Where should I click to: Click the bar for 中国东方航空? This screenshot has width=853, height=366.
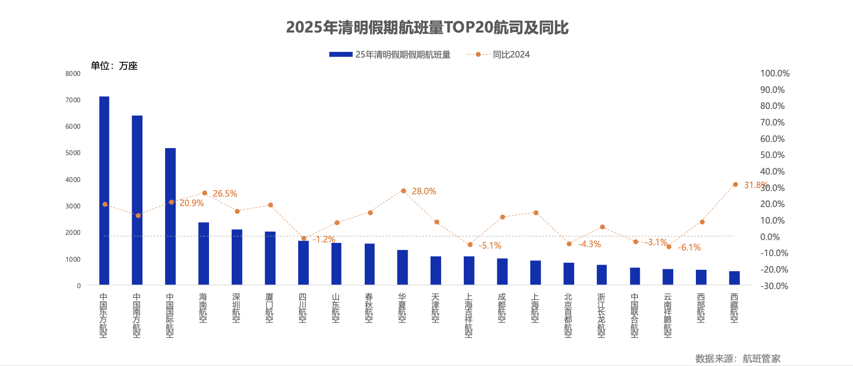[104, 191]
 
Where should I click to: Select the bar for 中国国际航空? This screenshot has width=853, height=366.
[170, 216]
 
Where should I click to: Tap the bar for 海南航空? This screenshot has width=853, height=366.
[203, 254]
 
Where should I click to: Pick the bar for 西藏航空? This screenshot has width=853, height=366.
[734, 278]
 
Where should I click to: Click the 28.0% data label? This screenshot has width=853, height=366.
[424, 191]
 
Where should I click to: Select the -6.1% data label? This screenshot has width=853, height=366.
[689, 248]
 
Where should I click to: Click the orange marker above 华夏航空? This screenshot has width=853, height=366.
[403, 191]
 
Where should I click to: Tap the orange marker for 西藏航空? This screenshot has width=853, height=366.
[735, 185]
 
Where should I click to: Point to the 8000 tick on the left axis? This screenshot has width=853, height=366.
[73, 74]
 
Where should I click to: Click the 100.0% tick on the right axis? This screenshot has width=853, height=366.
[775, 74]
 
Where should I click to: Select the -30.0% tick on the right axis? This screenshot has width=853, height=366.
[774, 286]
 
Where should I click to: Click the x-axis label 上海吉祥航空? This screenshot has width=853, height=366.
[468, 316]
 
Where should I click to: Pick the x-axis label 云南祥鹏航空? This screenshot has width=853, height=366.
[668, 316]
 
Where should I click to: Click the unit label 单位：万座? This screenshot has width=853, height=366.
[114, 66]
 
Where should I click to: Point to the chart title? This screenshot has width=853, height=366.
[427, 27]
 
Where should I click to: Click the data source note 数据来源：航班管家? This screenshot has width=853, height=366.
[737, 358]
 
